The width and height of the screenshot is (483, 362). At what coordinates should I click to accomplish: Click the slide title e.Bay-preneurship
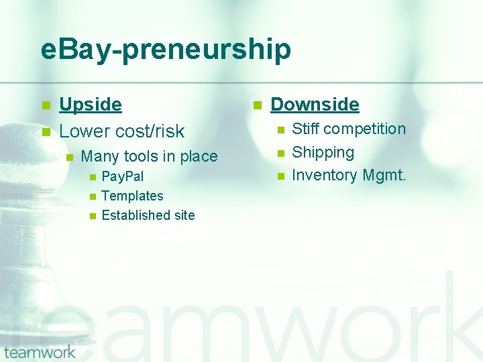pyautogui.click(x=166, y=50)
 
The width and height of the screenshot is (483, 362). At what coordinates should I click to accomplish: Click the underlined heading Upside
pyautogui.click(x=91, y=105)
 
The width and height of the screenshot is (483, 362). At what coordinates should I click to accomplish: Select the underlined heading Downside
pyautogui.click(x=315, y=105)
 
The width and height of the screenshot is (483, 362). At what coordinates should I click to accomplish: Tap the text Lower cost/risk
pyautogui.click(x=121, y=131)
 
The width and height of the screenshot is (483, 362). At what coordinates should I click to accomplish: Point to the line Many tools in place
pyautogui.click(x=149, y=157)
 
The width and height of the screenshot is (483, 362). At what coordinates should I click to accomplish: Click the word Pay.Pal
pyautogui.click(x=122, y=177)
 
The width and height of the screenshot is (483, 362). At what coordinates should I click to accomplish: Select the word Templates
pyautogui.click(x=132, y=196)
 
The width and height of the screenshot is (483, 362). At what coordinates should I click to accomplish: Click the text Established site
pyautogui.click(x=148, y=215)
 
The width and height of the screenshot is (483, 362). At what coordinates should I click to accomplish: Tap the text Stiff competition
pyautogui.click(x=349, y=129)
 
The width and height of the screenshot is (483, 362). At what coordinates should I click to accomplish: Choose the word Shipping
pyautogui.click(x=323, y=152)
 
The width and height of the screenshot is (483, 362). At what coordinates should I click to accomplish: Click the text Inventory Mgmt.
pyautogui.click(x=349, y=176)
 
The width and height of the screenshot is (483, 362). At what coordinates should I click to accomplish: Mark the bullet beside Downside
pyautogui.click(x=256, y=105)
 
